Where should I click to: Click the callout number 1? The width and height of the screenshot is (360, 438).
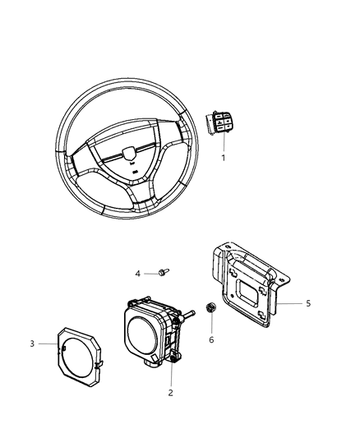pos(221,157)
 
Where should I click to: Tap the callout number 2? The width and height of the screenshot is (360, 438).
pos(172,392)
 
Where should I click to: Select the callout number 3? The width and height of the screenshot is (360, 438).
pos(54,343)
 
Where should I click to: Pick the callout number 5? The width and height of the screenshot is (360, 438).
pos(307,303)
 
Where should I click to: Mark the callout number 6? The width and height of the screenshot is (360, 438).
pos(210,339)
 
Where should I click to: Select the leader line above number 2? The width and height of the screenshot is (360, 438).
pos(172,375)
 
